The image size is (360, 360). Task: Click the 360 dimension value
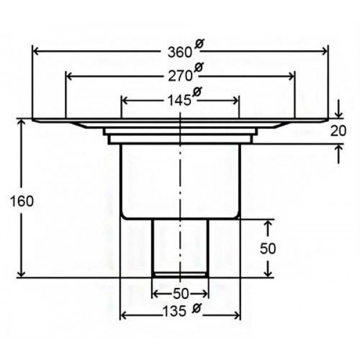(x=179, y=52)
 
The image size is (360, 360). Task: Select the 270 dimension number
(x=180, y=76)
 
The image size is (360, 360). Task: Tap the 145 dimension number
(x=179, y=100)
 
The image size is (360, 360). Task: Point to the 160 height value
(x=22, y=202)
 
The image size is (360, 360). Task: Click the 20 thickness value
(x=338, y=131)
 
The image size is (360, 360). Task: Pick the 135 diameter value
(x=174, y=311)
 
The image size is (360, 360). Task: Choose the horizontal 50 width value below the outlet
(x=181, y=293)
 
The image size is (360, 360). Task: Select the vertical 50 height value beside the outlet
(x=268, y=248)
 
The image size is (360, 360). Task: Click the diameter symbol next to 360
(x=199, y=43)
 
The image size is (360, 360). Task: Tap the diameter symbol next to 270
(x=199, y=67)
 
